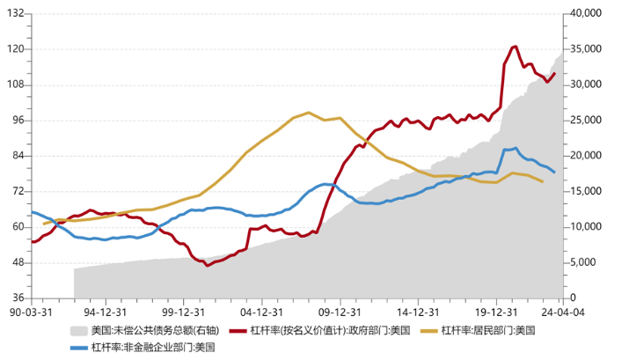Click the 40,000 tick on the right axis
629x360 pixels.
click(x=585, y=13)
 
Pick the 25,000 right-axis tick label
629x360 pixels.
click(x=585, y=120)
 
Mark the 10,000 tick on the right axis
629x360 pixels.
click(x=585, y=227)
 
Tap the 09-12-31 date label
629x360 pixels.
click(x=340, y=311)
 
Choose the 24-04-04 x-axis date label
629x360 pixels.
click(x=561, y=311)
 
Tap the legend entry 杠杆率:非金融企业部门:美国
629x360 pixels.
click(x=154, y=347)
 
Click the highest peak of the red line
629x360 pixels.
click(x=515, y=47)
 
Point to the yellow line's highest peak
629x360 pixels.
click(x=308, y=113)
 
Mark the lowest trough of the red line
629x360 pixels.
click(x=208, y=264)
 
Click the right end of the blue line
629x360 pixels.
click(x=554, y=172)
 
